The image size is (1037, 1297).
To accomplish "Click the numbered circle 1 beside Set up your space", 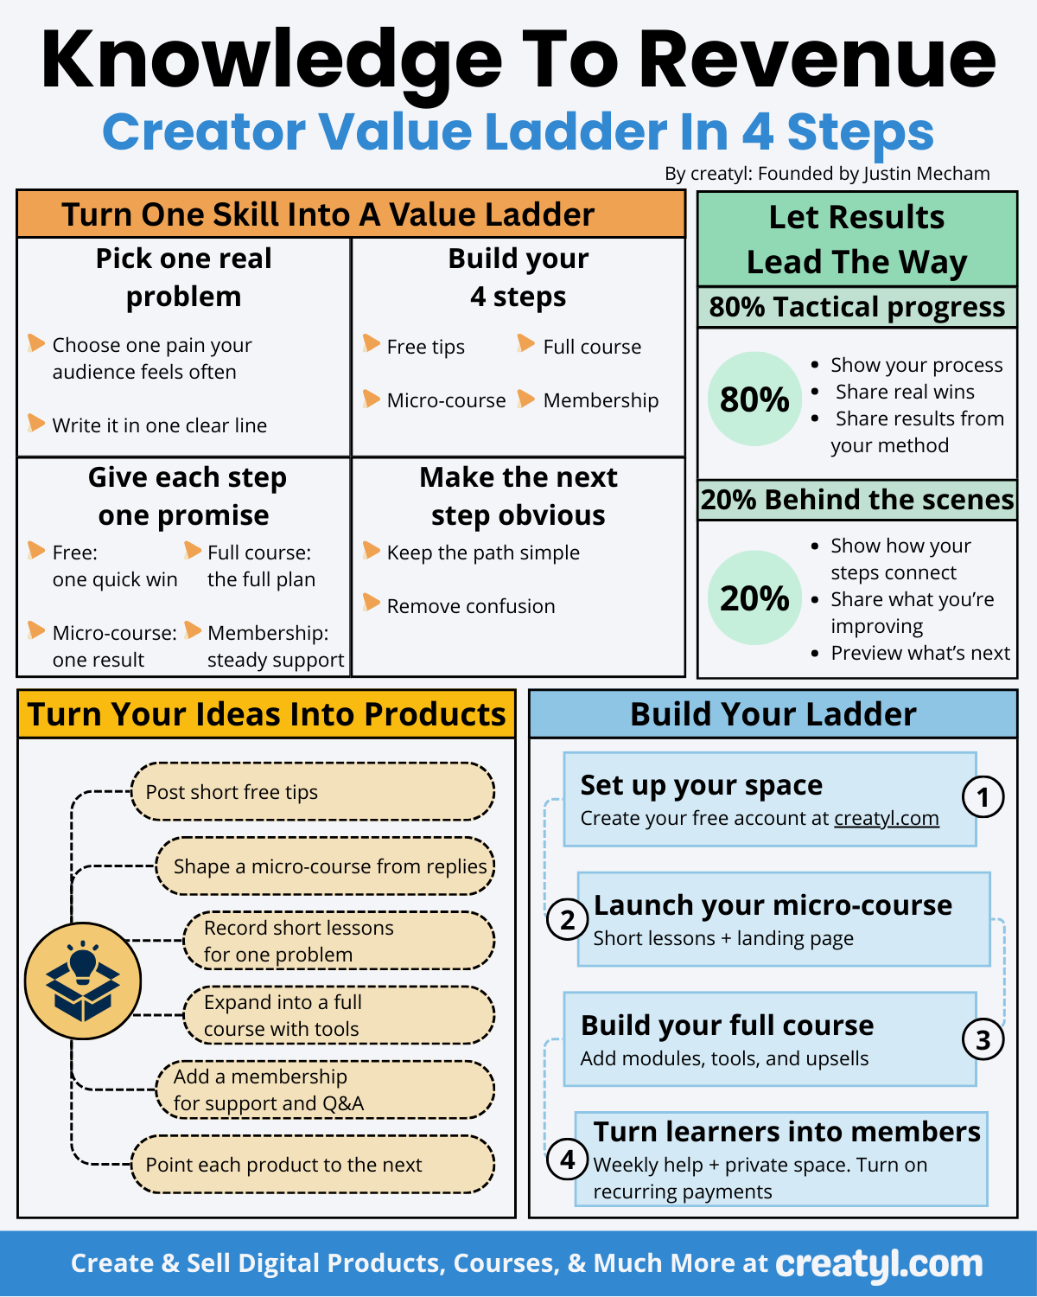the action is (x=983, y=797).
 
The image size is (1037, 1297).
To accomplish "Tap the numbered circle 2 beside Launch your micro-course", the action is (x=568, y=919).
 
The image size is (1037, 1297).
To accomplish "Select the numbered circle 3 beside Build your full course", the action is (x=983, y=1039).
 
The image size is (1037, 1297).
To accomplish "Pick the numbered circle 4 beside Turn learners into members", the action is (x=568, y=1159).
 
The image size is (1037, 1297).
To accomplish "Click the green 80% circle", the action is (x=754, y=399).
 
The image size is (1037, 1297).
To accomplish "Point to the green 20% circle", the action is (x=754, y=598).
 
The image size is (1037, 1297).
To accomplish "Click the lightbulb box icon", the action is (x=83, y=981).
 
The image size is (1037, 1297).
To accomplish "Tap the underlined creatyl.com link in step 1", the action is (x=886, y=818).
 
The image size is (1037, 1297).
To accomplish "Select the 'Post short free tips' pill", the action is (x=313, y=792).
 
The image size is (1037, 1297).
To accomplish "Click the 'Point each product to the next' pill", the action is (x=313, y=1165).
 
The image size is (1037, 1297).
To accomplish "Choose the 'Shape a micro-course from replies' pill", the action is (x=326, y=866).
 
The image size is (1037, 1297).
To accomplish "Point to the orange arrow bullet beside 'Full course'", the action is (x=525, y=344).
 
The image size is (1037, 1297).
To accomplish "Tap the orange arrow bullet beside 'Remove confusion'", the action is (x=372, y=603).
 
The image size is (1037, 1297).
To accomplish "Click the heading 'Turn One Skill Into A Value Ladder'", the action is (x=328, y=214).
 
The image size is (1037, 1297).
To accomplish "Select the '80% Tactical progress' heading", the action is (x=857, y=307).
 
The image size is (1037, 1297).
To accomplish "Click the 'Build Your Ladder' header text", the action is (x=773, y=714).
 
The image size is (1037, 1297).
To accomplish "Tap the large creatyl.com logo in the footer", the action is (x=879, y=1264).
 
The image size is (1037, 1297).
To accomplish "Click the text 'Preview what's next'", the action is (x=920, y=653).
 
